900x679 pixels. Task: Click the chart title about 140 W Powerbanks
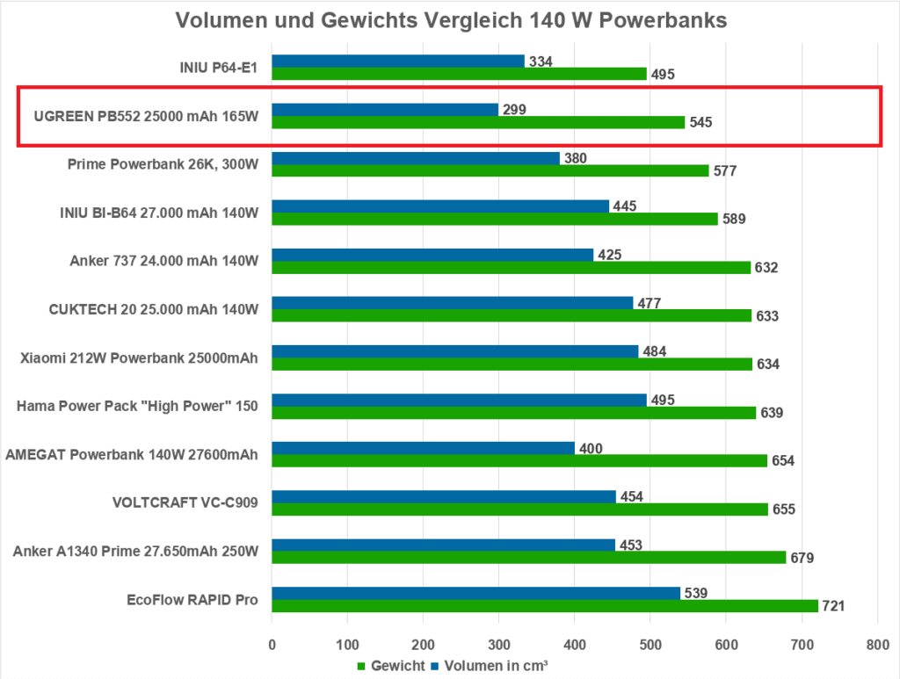point(451,20)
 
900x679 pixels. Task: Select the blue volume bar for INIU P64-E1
point(397,61)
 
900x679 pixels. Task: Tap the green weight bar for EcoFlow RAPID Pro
point(544,606)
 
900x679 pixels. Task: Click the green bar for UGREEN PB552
point(477,122)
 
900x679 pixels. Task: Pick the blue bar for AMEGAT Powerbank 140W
point(423,448)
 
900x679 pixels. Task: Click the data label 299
point(514,110)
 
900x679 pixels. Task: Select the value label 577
point(724,170)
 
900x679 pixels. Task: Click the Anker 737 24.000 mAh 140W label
point(163,261)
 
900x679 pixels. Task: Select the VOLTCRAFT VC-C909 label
point(186,502)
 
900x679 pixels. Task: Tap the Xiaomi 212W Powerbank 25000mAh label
point(139,358)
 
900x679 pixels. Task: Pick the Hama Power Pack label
point(138,406)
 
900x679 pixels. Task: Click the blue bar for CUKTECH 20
point(452,303)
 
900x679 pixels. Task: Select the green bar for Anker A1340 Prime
point(528,557)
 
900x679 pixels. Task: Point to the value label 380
point(576,158)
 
